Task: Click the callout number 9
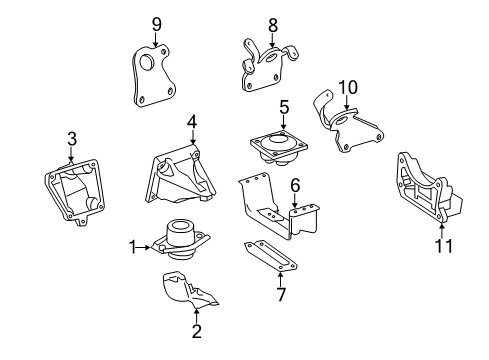156,24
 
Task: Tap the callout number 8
273,25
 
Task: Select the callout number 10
348,87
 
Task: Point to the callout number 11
444,246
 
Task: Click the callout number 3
72,139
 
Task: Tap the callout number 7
282,294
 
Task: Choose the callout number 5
284,107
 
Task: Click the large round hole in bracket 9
147,62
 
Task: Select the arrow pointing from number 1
144,247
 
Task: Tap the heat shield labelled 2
188,290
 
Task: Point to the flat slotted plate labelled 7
270,255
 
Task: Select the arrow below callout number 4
192,136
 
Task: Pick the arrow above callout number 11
442,231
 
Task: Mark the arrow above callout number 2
197,315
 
